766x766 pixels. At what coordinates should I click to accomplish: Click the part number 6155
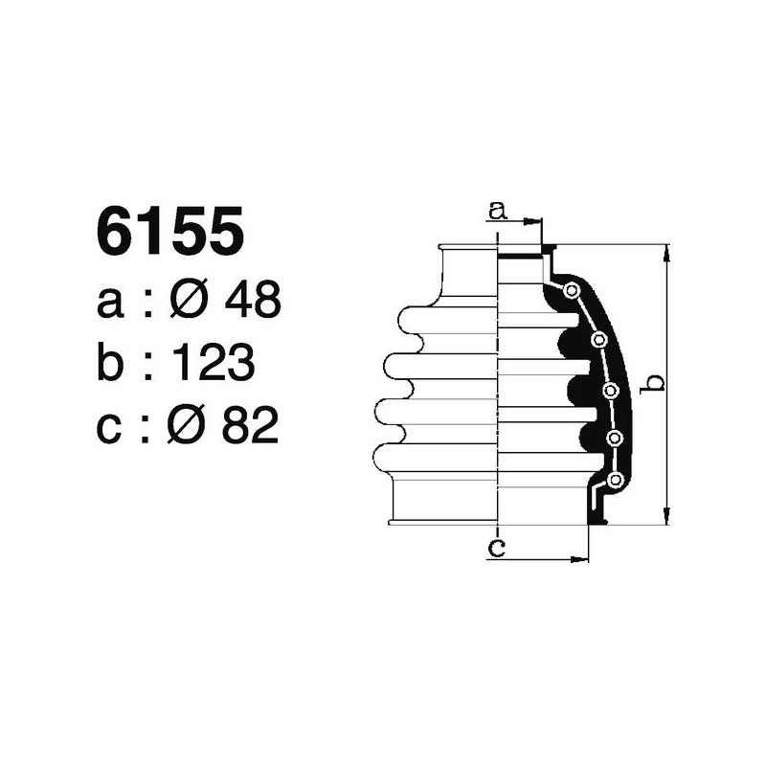(169, 233)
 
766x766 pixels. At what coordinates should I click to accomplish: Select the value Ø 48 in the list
(225, 302)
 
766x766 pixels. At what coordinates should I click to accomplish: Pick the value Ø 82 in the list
(224, 426)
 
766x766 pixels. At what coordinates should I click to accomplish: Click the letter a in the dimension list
(111, 304)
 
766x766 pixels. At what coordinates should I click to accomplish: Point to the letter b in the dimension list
(112, 364)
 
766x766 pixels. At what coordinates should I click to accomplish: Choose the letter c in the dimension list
(111, 428)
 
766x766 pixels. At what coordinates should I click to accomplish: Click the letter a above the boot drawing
(496, 209)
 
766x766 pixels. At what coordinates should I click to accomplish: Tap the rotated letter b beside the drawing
(652, 383)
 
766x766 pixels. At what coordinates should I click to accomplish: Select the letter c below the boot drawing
(496, 548)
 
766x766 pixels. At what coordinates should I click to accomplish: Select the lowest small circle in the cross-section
(617, 478)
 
